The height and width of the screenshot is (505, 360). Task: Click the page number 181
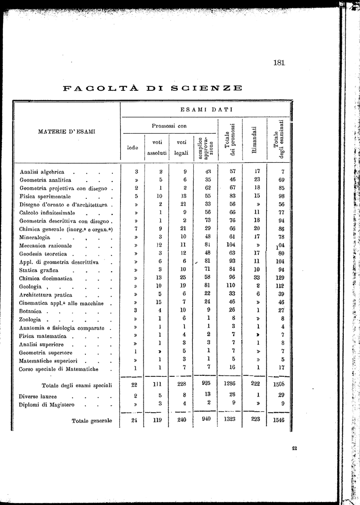pyautogui.click(x=279, y=63)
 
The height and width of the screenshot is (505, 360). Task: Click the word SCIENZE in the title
pyautogui.click(x=207, y=89)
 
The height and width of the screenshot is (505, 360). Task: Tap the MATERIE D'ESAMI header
pyautogui.click(x=67, y=132)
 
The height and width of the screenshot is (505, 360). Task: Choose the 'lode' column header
pyautogui.click(x=133, y=147)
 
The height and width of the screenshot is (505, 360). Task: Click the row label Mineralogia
pyautogui.click(x=35, y=237)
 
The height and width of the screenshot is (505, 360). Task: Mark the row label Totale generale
pyautogui.click(x=92, y=421)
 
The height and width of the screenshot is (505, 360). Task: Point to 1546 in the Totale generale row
pyautogui.click(x=280, y=421)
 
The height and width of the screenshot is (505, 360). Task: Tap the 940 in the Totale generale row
pyautogui.click(x=206, y=419)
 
